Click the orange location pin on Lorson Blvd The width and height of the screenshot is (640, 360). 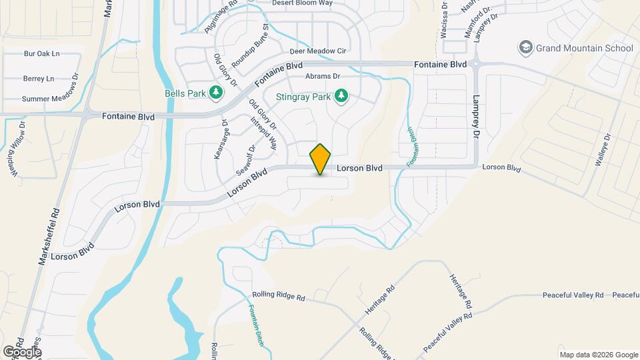tap(321, 159)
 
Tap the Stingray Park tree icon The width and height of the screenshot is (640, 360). tap(341, 96)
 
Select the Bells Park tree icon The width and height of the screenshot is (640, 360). tap(215, 93)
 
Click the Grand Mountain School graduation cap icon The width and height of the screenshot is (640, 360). tap(526, 48)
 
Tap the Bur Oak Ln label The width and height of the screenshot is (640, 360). tap(41, 53)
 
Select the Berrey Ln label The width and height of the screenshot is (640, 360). tap(38, 79)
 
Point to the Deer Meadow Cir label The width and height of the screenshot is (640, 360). tap(318, 51)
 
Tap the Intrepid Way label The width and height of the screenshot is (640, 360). tap(264, 132)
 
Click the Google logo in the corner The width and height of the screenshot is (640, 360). tap(22, 351)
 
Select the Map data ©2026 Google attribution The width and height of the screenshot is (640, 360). tap(598, 355)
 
